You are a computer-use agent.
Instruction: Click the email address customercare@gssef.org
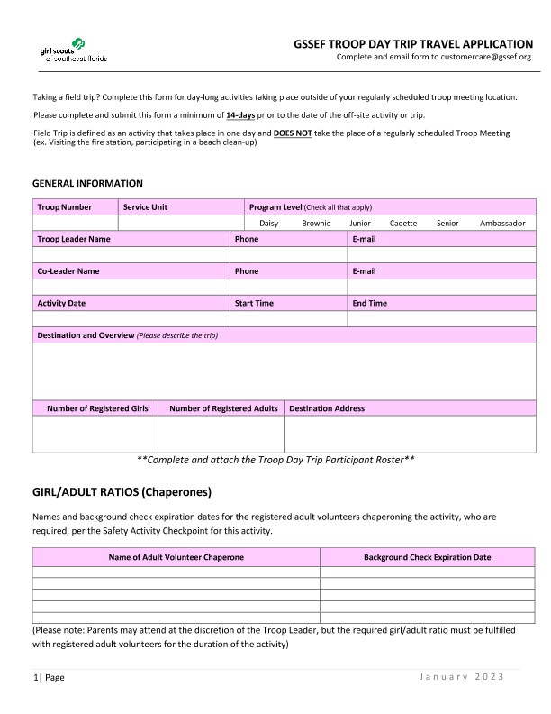point(487,57)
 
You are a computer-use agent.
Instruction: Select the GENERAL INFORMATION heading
point(87,183)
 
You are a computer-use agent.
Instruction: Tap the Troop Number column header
point(65,207)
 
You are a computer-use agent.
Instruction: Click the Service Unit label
point(145,207)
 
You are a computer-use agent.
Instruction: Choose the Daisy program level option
point(268,224)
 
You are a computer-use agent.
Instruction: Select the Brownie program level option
point(316,224)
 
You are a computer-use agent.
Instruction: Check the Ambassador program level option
point(502,224)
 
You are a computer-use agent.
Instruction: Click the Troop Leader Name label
point(74,240)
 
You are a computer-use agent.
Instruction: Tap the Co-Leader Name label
point(68,271)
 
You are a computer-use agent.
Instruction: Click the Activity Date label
point(61,304)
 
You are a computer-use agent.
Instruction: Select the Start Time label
point(254,304)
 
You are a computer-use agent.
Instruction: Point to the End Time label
point(369,304)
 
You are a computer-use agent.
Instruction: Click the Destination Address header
point(327,408)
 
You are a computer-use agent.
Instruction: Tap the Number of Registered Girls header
point(97,408)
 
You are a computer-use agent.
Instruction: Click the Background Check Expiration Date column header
point(427,557)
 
